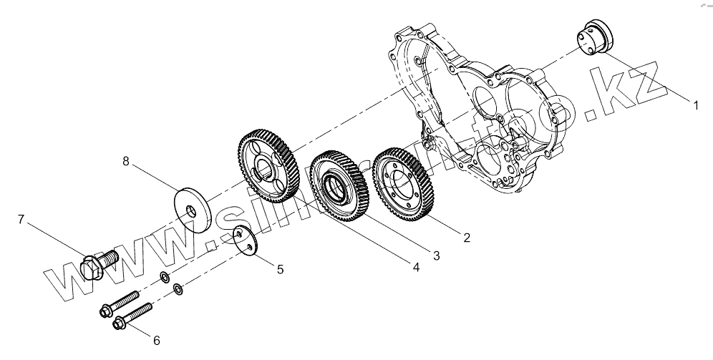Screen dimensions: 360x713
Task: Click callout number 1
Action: [694, 104]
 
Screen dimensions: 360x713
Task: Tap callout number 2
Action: [466, 238]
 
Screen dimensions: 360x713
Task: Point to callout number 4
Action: [415, 266]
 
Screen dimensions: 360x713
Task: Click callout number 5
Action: [280, 269]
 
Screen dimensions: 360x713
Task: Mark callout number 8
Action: [127, 162]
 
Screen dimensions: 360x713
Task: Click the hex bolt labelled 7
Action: [99, 263]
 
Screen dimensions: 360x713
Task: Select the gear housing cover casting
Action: [472, 115]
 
